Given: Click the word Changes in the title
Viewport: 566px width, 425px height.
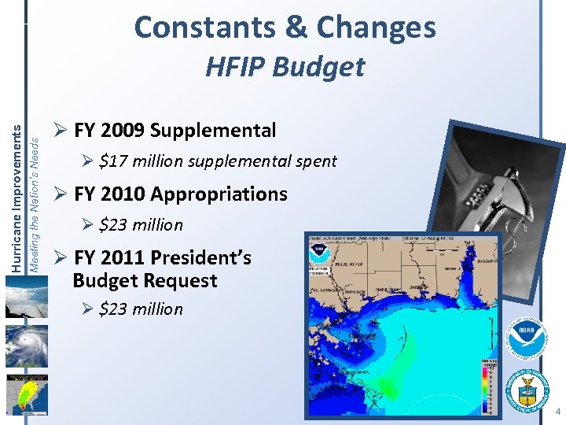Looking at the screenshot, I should click(x=376, y=28).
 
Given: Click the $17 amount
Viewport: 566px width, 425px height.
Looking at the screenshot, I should click(x=114, y=161).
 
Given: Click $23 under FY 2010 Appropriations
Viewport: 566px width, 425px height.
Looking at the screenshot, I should click(x=114, y=225).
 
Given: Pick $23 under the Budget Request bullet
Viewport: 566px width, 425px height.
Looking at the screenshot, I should click(x=114, y=309).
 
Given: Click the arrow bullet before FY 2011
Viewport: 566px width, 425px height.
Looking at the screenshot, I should click(x=60, y=257).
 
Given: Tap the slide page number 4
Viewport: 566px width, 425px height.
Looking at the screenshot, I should click(x=557, y=412).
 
